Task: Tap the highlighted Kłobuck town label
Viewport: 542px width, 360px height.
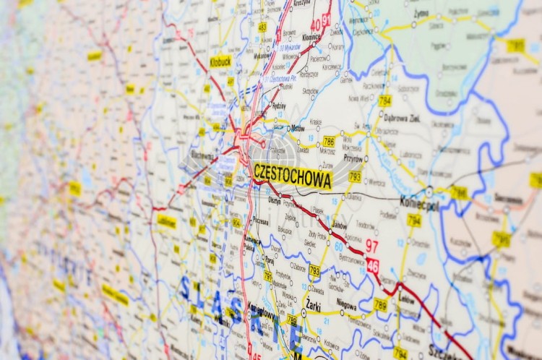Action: [220, 61]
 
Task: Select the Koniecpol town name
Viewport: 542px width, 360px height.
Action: [419, 204]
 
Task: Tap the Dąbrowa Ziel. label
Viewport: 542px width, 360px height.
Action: [401, 118]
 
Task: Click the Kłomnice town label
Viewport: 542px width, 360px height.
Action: [311, 36]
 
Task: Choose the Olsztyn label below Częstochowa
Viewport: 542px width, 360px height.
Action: [275, 200]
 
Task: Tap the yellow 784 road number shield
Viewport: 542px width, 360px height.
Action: [385, 100]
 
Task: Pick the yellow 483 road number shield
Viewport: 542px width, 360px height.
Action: [262, 27]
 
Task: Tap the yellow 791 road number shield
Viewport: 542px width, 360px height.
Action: [268, 276]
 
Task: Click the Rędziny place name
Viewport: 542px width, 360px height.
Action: [278, 106]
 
